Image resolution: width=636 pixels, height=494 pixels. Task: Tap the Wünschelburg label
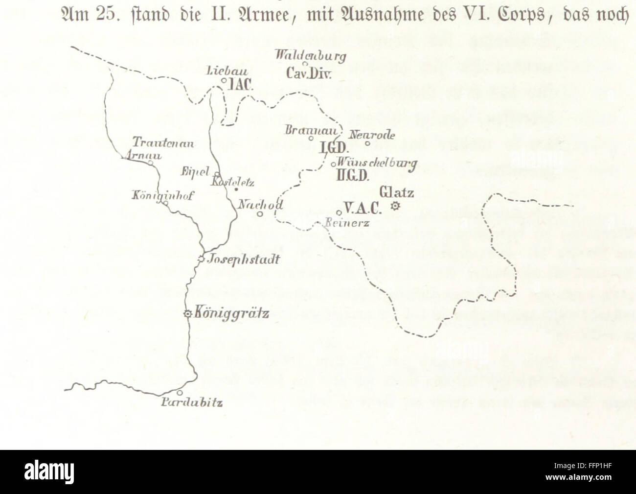pos(378,163)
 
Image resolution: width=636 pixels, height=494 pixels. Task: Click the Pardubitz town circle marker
pos(180,393)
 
